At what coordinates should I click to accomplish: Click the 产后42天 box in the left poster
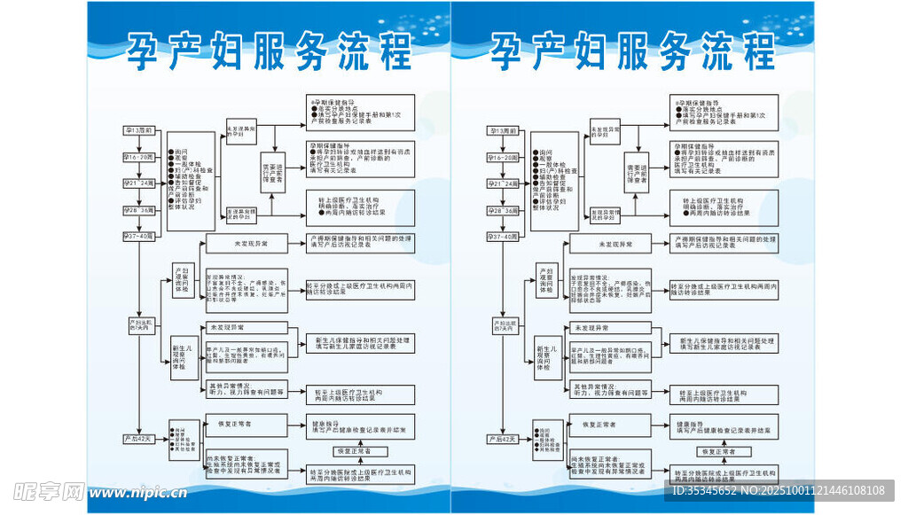[139, 439]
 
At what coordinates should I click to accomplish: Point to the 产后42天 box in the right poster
[502, 439]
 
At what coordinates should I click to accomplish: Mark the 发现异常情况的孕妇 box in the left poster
[241, 214]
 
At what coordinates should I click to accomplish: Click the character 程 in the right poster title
[757, 53]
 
